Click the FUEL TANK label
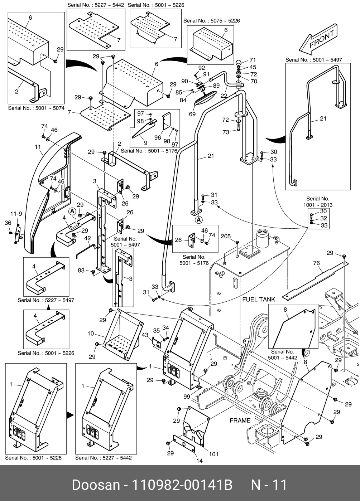[x=259, y=299]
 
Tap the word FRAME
[x=240, y=420]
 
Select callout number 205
[x=226, y=236]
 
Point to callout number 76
[x=316, y=263]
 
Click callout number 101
[x=213, y=454]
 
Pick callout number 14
[x=200, y=461]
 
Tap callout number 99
[x=187, y=397]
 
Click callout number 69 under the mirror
[x=192, y=114]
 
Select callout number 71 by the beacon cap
[x=253, y=60]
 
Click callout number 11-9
[x=16, y=214]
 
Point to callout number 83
[x=82, y=270]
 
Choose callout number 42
[x=87, y=238]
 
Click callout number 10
[x=91, y=334]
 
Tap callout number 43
[x=145, y=335]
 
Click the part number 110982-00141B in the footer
[x=182, y=485]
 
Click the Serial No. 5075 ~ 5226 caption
[x=211, y=21]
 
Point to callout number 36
[x=8, y=223]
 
